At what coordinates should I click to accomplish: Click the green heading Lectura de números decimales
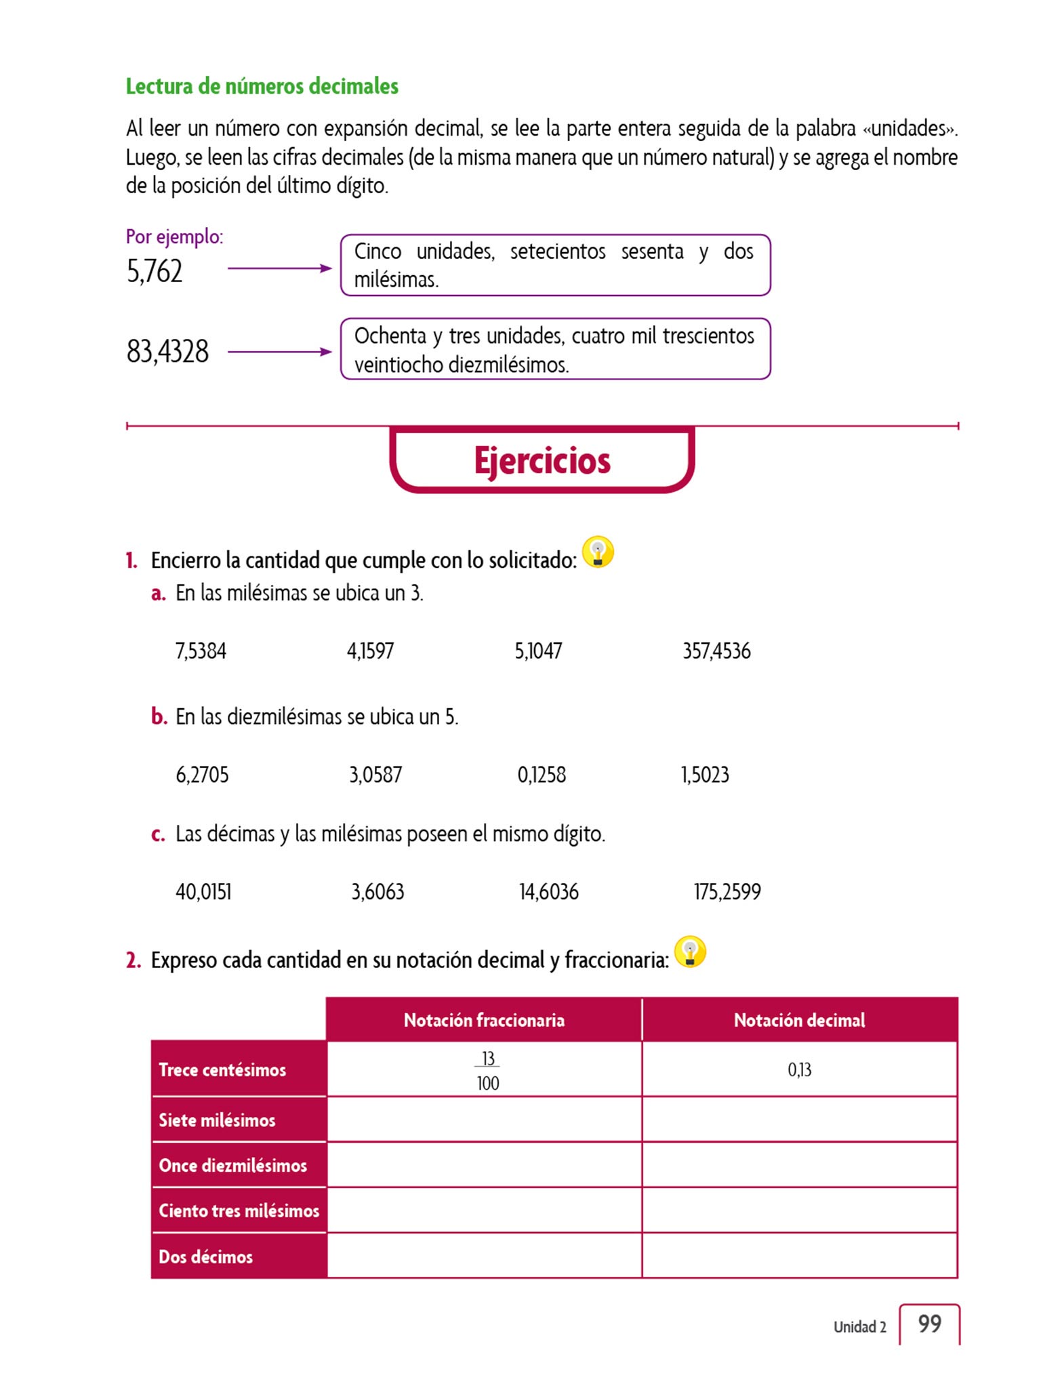[262, 87]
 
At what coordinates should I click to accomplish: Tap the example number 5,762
[155, 271]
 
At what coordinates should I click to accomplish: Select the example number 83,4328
[167, 352]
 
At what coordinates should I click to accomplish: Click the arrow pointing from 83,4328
[279, 352]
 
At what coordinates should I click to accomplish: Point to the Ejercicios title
[542, 461]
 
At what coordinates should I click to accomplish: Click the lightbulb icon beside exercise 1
[598, 552]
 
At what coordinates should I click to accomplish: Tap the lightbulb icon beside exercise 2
[690, 952]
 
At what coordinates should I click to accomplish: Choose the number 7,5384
[201, 651]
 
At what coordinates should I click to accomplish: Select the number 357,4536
[716, 651]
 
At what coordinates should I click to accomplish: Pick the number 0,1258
[542, 775]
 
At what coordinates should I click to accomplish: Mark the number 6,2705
[202, 775]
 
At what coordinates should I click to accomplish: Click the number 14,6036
[549, 892]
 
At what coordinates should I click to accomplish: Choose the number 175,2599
[727, 892]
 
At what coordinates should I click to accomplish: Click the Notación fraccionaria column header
[484, 1020]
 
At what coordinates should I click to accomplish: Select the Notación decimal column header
[799, 1020]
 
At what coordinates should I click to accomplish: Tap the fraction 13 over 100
[488, 1070]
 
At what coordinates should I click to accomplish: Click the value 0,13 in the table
[799, 1070]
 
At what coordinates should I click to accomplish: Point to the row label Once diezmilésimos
[232, 1166]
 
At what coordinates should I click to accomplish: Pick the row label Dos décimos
[205, 1257]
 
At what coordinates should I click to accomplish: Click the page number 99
[930, 1324]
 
